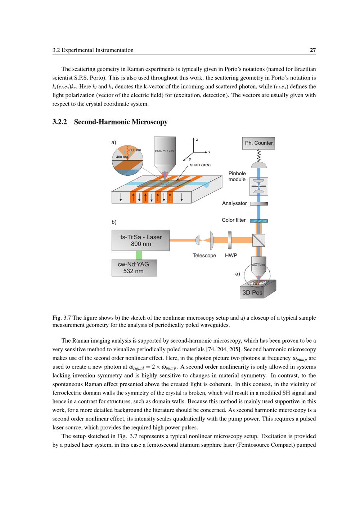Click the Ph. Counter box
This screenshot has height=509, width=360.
[x=258, y=143]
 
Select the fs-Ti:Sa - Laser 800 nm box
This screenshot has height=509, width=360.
[x=140, y=240]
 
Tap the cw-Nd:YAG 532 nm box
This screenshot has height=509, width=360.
[x=134, y=268]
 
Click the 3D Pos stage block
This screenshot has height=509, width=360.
[x=253, y=292]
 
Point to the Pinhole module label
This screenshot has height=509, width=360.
[x=237, y=176]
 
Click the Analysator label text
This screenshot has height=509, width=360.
[x=234, y=203]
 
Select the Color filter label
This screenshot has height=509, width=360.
[x=234, y=220]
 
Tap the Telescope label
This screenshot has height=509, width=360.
[x=204, y=256]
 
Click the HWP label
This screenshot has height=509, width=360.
[x=231, y=256]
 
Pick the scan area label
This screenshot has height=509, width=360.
[x=200, y=165]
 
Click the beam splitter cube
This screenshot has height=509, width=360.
[x=258, y=240]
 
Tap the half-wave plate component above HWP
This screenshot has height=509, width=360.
[x=229, y=240]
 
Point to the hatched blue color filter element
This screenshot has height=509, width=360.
[x=258, y=221]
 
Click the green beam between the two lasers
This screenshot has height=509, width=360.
[x=139, y=255]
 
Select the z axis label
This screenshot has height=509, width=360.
[x=197, y=140]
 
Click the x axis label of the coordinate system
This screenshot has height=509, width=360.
[x=209, y=152]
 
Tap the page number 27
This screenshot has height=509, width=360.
[x=313, y=50]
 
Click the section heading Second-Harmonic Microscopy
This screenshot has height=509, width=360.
[x=121, y=122]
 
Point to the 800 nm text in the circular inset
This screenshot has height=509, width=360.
[x=135, y=150]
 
